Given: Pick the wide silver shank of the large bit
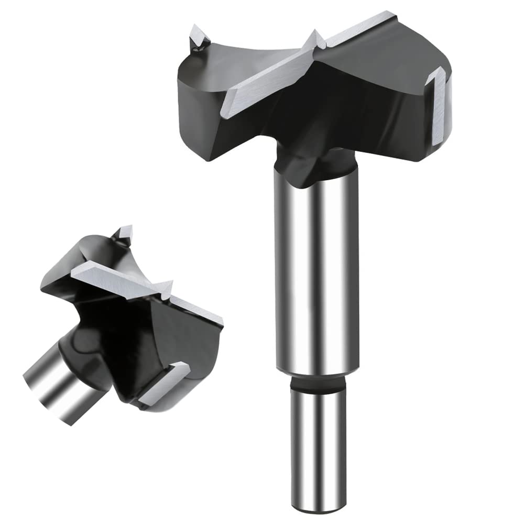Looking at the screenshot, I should [x=318, y=272].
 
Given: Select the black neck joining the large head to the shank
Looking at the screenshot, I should [x=314, y=162].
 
